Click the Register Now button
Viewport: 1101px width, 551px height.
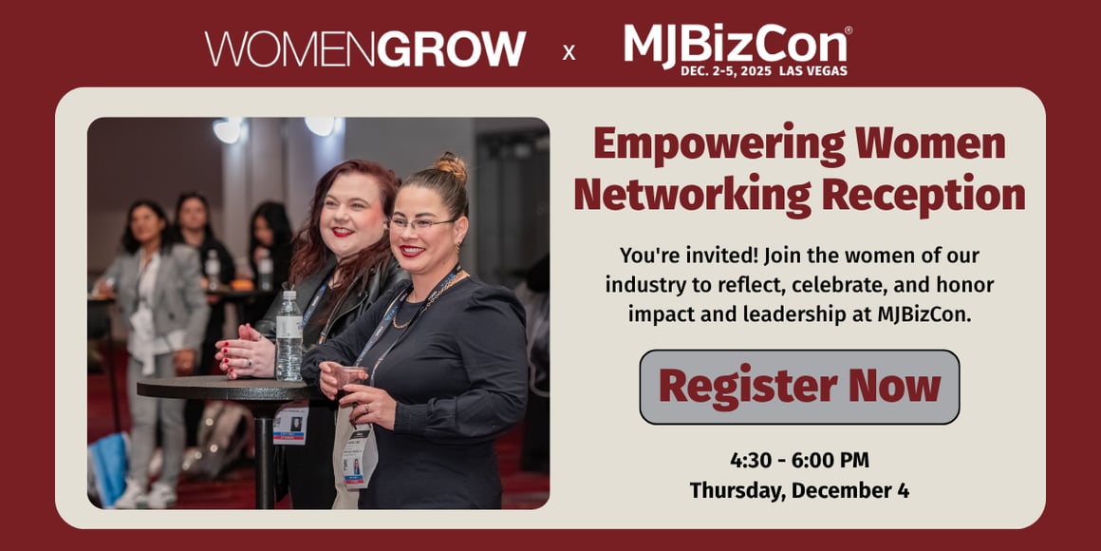[799, 387]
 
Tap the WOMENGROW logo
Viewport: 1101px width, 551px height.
[365, 48]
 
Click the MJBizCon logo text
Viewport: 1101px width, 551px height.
[736, 43]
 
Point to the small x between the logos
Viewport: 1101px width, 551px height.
[569, 53]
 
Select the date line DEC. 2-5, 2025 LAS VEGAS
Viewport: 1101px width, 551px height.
[763, 71]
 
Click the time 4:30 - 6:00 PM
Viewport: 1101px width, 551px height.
[799, 461]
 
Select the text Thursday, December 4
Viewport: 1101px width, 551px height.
[799, 490]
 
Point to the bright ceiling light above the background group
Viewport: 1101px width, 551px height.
[228, 130]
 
